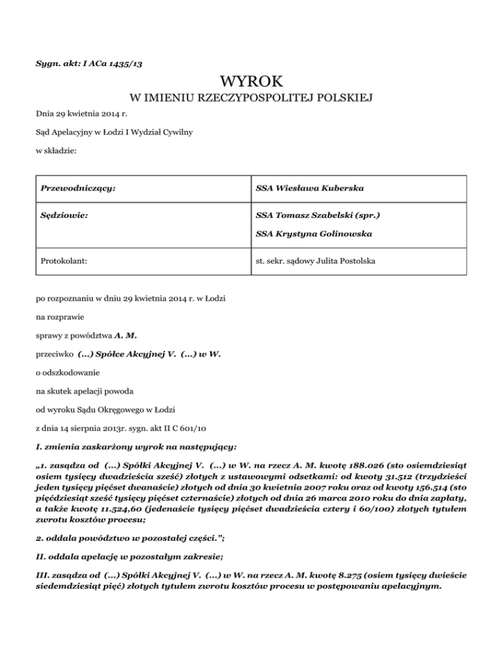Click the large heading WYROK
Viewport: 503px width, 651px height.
(x=251, y=81)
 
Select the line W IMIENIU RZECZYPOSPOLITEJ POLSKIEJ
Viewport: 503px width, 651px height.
(x=251, y=99)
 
